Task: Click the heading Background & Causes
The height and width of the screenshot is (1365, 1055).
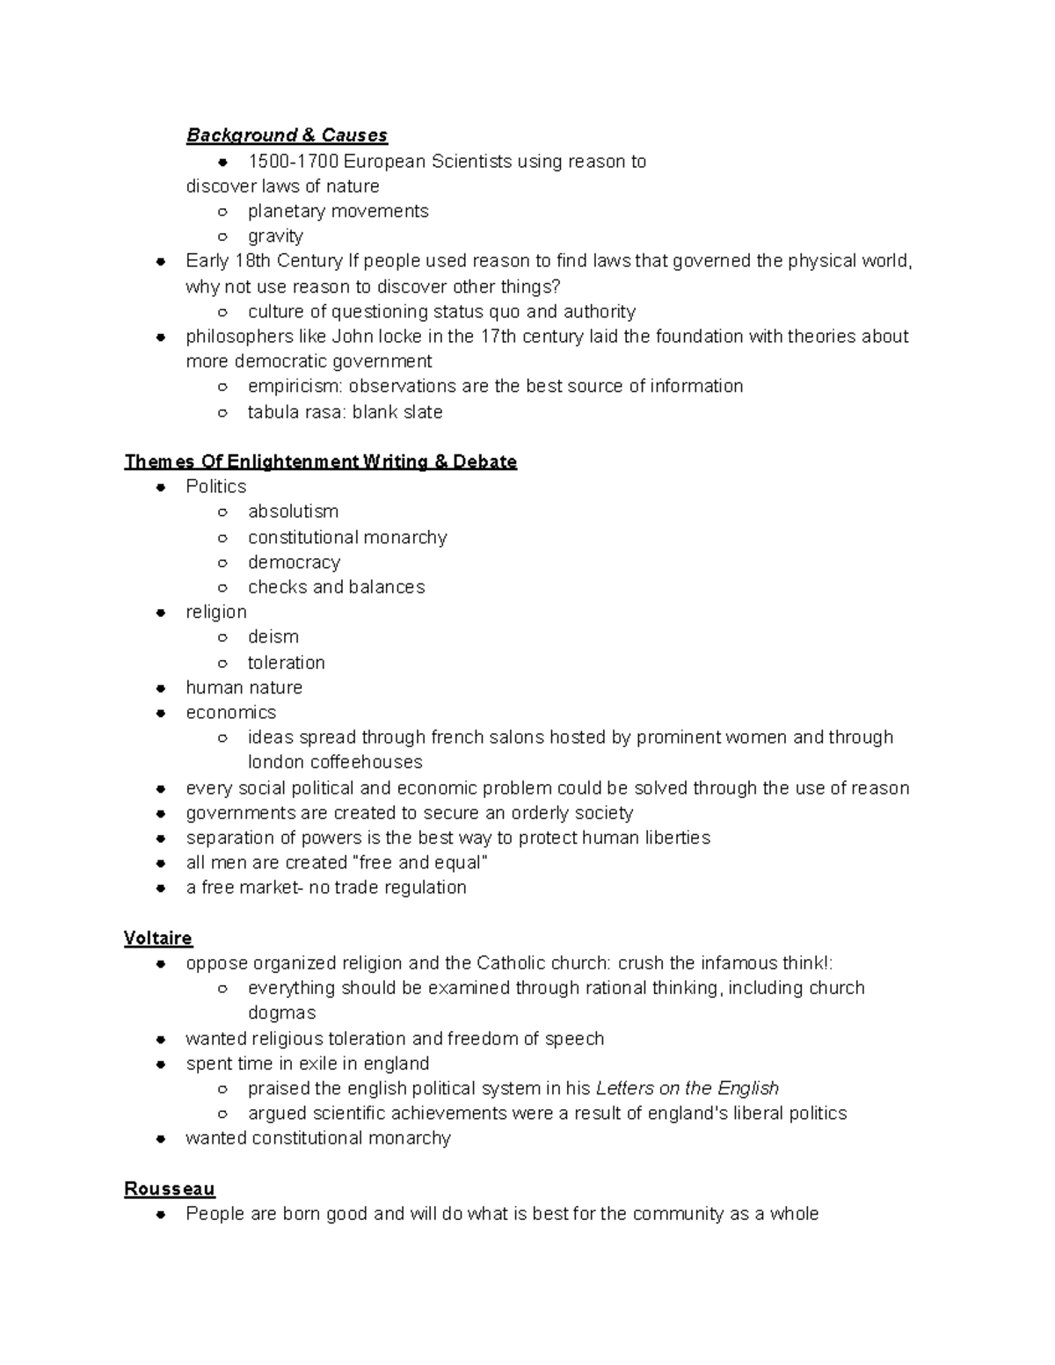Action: coord(287,135)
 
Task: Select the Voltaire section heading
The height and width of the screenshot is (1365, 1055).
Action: coord(158,938)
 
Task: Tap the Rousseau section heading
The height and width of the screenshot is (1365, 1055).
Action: coord(170,1188)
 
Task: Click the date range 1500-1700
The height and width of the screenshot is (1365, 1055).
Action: coord(293,161)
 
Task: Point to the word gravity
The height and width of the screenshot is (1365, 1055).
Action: coord(275,236)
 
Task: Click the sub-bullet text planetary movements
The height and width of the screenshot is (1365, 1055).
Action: coord(338,211)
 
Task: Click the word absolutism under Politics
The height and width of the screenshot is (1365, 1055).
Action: coord(293,512)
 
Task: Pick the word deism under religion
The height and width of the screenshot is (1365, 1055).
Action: coord(273,636)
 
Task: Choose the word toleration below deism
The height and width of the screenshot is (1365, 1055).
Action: coord(286,662)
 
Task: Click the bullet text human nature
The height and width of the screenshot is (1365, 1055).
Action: coord(244,687)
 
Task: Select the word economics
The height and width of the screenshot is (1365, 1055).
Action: coord(230,712)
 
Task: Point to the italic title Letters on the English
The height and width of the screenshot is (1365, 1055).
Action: coord(687,1088)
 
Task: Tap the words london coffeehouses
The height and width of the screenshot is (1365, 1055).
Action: coord(335,762)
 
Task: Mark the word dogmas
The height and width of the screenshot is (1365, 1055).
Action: coord(281,1013)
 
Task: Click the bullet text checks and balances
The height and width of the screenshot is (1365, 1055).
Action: coord(336,587)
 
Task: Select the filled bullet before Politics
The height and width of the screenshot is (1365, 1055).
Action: coord(160,487)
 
